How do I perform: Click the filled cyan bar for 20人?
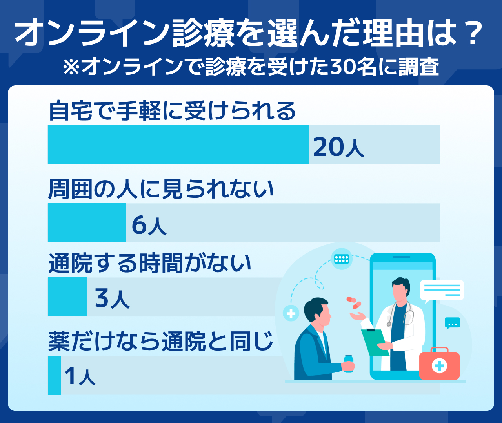pos(178,145)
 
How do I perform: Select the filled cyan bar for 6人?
pos(87,223)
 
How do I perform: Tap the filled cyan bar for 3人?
pos(67,297)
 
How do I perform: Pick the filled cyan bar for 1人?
pos(55,375)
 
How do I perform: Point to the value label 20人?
pos(338,147)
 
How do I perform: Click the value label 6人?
pos(149,225)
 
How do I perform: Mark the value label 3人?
pos(112,299)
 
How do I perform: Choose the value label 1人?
pos(80,377)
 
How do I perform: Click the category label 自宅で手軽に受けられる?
pos(172,111)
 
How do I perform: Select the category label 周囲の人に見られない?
pos(161,190)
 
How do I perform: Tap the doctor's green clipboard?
pos(375,342)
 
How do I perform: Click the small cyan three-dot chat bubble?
pos(453,323)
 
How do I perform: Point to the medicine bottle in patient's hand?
pos(349,364)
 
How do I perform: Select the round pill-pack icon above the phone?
pos(342,259)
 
